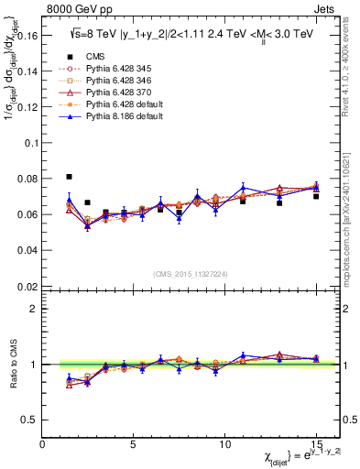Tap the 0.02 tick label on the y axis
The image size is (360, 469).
29,286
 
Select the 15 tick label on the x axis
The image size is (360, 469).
315,444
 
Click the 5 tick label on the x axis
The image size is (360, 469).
134,444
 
